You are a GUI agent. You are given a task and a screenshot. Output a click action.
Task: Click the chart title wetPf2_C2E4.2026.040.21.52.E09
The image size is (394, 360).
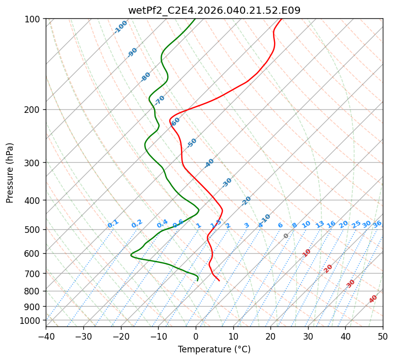click(x=214, y=10)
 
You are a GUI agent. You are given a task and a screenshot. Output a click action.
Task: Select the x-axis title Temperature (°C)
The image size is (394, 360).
click(x=214, y=350)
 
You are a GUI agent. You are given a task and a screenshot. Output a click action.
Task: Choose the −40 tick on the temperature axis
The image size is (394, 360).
click(x=46, y=336)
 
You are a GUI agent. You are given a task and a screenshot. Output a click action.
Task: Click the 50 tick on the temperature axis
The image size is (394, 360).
click(x=383, y=336)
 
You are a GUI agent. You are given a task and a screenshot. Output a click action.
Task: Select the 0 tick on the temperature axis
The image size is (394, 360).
click(x=196, y=336)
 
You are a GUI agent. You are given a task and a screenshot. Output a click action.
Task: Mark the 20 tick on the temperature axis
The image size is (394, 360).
click(x=270, y=336)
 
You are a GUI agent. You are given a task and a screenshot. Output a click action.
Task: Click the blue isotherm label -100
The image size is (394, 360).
click(x=120, y=27)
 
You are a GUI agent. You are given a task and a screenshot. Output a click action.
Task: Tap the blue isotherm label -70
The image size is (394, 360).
click(x=160, y=100)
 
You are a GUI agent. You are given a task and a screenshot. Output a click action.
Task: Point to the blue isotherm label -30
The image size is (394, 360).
click(x=227, y=183)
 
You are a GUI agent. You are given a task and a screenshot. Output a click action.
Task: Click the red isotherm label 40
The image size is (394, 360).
click(x=373, y=299)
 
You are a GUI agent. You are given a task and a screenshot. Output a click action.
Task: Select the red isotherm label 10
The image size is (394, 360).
click(x=307, y=253)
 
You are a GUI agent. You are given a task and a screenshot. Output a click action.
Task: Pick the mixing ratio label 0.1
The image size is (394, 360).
click(x=113, y=223)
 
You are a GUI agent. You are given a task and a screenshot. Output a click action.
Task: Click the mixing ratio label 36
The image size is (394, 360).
click(x=377, y=224)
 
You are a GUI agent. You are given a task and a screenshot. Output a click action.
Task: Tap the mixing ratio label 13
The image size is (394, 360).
click(x=320, y=224)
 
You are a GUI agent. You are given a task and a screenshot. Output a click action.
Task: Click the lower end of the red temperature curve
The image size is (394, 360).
click(x=219, y=280)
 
